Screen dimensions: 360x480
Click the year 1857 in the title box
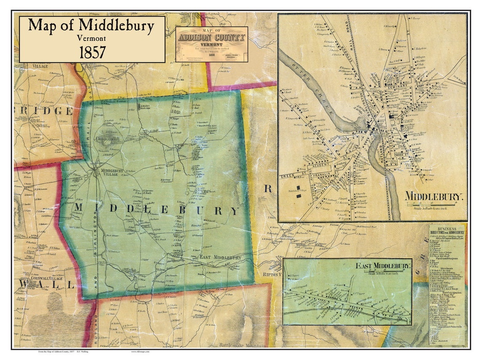click(x=92, y=52)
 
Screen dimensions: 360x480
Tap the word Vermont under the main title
click(x=92, y=38)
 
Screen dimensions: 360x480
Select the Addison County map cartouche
click(x=211, y=44)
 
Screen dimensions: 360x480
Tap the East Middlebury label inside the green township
click(x=220, y=257)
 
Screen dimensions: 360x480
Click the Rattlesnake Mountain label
click(x=242, y=345)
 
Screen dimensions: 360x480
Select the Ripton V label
click(x=272, y=274)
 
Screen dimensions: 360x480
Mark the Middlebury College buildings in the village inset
click(x=299, y=191)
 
